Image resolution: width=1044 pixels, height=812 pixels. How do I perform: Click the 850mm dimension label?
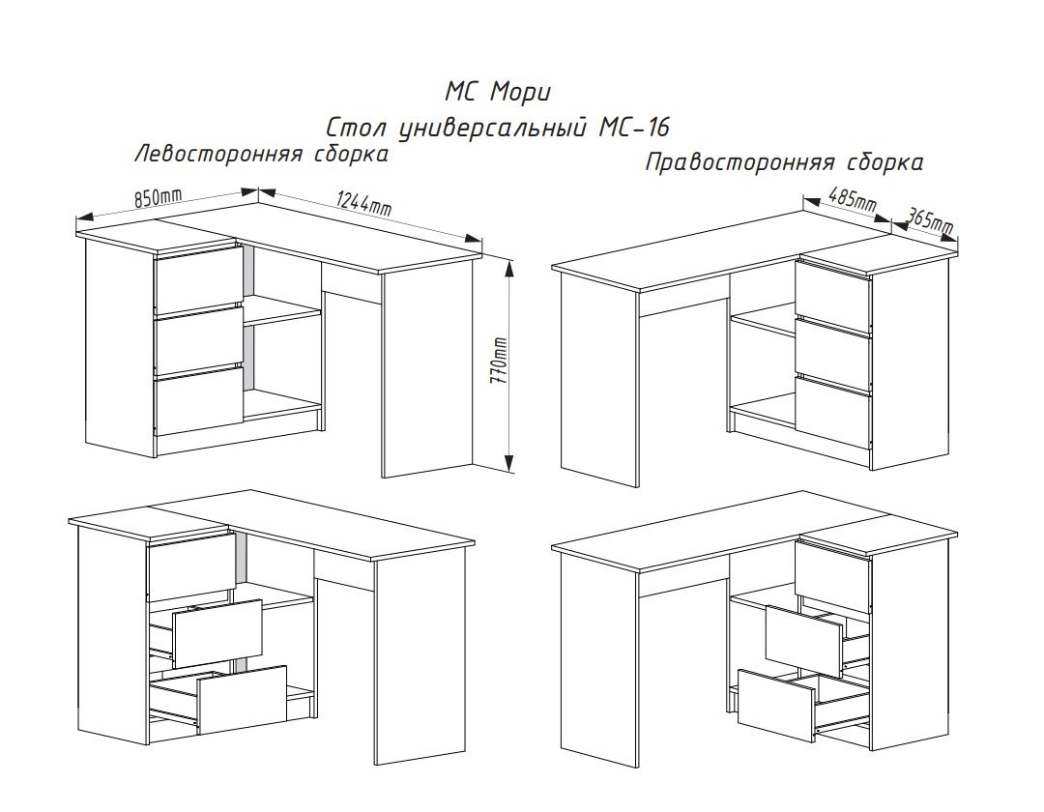(159, 197)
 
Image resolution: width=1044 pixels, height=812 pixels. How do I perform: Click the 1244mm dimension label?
(363, 204)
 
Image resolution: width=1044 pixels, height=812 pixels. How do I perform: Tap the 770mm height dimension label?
(499, 361)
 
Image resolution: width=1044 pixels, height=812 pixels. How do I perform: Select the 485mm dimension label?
(853, 200)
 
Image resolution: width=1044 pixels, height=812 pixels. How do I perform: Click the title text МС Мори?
(498, 93)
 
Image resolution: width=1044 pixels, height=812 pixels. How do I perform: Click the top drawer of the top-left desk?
(198, 279)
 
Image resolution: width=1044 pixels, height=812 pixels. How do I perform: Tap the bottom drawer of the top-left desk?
(198, 402)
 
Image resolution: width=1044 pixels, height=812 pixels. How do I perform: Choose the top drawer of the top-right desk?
(833, 297)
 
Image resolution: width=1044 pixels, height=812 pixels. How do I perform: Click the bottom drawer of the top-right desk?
(833, 413)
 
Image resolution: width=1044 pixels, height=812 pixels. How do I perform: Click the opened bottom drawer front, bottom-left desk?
(243, 700)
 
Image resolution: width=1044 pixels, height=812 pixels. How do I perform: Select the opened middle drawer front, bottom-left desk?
(217, 633)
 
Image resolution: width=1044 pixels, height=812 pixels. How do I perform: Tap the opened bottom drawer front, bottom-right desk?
(776, 706)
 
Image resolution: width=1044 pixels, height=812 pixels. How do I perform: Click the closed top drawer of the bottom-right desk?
(833, 576)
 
